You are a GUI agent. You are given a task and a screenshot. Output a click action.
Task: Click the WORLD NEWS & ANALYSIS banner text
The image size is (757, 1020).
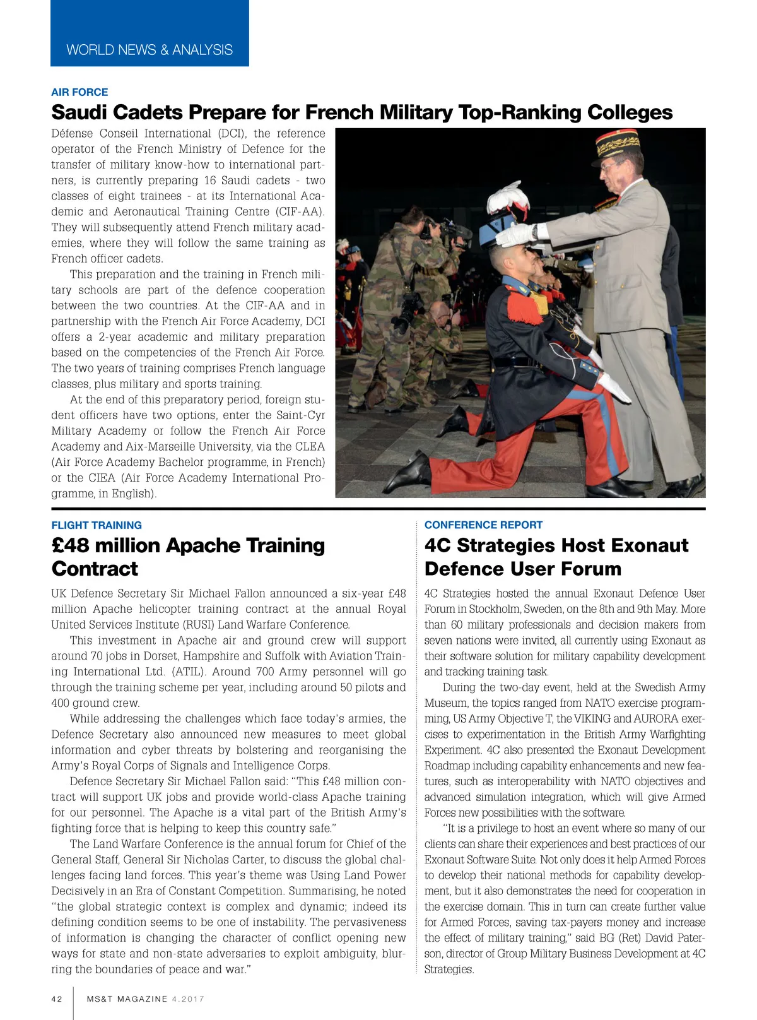[x=150, y=50]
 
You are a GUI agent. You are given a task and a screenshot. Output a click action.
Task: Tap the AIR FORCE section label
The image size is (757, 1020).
[x=79, y=92]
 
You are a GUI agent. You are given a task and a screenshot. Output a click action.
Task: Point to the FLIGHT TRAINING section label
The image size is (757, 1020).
[x=97, y=525]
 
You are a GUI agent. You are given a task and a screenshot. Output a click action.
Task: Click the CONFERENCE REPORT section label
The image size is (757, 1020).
[x=483, y=525]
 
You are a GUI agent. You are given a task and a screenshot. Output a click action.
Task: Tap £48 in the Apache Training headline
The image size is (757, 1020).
[x=71, y=545]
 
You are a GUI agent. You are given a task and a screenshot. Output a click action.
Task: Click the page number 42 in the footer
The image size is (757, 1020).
[x=57, y=999]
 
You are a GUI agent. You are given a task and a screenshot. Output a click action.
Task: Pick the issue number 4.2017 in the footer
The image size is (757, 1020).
[x=188, y=999]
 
